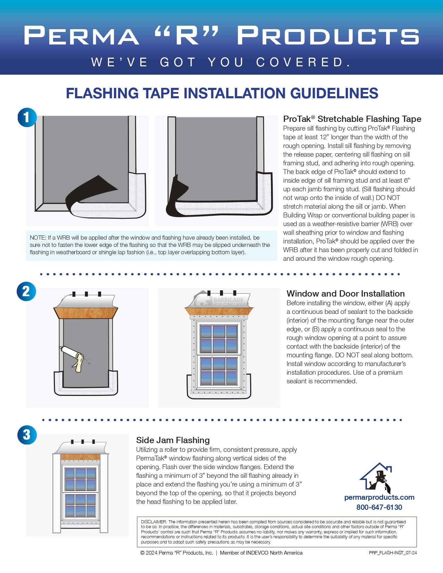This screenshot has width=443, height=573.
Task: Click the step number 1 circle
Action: (x=27, y=117)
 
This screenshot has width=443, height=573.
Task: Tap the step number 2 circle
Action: (x=26, y=291)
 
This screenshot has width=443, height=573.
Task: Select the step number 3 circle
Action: (x=27, y=434)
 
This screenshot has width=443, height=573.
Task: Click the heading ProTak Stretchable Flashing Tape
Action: (x=352, y=119)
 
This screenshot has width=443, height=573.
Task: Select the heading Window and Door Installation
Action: (x=345, y=293)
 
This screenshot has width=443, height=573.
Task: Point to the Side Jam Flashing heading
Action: (x=173, y=440)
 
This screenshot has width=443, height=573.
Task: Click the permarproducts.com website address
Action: (x=379, y=497)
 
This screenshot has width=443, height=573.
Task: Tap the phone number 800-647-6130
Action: (x=379, y=507)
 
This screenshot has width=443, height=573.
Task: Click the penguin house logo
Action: (x=378, y=477)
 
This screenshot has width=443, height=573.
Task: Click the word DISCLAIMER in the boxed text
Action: (x=154, y=522)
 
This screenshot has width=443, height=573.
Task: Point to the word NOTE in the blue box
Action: (x=38, y=238)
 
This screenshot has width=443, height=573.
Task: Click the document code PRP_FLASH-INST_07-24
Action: (x=393, y=553)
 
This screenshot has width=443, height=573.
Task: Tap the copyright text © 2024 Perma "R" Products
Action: (x=177, y=553)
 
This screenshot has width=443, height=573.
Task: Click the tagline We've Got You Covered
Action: (x=221, y=62)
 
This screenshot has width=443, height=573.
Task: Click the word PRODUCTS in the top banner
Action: (x=328, y=36)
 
